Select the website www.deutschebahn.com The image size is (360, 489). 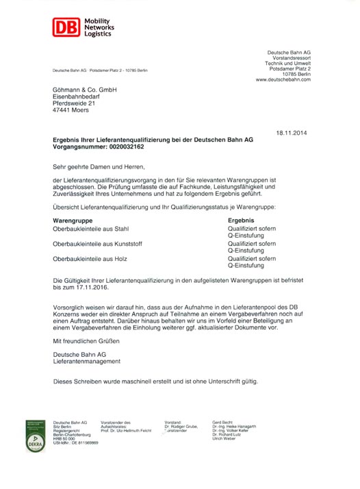(283, 80)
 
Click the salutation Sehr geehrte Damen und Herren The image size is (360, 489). (99, 166)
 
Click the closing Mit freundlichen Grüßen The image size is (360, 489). (88, 340)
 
